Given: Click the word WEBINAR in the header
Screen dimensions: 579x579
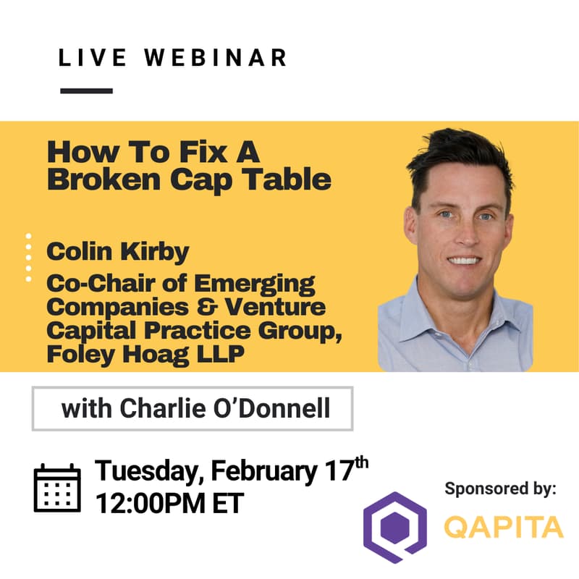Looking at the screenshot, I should pyautogui.click(x=217, y=59).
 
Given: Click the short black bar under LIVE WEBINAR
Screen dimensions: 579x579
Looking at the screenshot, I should pyautogui.click(x=87, y=91).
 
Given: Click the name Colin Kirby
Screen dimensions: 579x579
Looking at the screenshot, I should pyautogui.click(x=118, y=252).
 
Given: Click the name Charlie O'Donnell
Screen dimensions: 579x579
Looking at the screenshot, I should pyautogui.click(x=227, y=409).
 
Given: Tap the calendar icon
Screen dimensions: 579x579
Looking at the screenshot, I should pyautogui.click(x=57, y=489).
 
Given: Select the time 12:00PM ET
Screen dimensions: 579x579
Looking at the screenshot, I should pyautogui.click(x=169, y=501).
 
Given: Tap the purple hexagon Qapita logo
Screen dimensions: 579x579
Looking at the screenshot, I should pyautogui.click(x=394, y=528).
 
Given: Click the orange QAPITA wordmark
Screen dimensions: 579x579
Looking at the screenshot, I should pyautogui.click(x=504, y=528).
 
